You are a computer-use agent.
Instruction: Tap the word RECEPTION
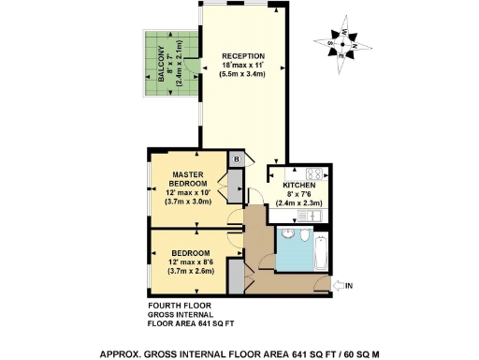[x=243, y=56]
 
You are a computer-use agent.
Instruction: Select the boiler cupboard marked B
[x=237, y=158]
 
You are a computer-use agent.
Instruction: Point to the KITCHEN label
[x=299, y=186]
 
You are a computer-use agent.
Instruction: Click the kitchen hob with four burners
[x=312, y=172]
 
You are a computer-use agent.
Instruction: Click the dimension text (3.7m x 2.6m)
[x=191, y=271]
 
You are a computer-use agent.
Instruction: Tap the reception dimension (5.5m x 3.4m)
[x=243, y=76]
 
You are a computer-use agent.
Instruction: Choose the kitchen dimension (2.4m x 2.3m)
[x=301, y=203]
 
